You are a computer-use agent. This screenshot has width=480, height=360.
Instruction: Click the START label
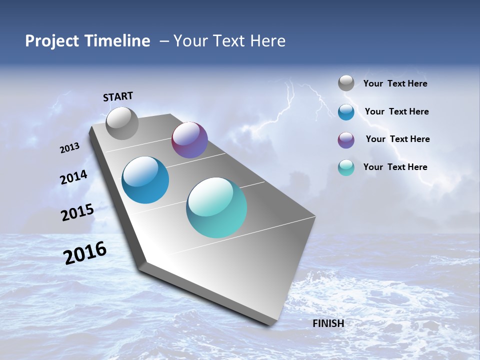[x=118, y=96]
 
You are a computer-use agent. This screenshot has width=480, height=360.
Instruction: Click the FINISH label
[x=328, y=323]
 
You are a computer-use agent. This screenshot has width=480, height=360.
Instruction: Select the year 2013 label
[x=69, y=148]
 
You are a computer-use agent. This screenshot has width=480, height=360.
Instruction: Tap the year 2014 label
[x=74, y=177]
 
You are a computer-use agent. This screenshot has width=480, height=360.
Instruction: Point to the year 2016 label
[x=85, y=253]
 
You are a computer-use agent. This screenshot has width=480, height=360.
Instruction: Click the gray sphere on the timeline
[x=122, y=123]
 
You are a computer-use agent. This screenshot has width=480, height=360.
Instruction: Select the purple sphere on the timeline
[x=189, y=140]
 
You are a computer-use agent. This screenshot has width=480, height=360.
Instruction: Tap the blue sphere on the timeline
[x=145, y=180]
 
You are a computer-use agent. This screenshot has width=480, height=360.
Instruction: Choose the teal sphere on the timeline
[x=216, y=207]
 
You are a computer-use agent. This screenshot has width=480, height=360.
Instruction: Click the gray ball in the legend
[x=346, y=83]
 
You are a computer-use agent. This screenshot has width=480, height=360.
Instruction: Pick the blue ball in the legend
[x=346, y=112]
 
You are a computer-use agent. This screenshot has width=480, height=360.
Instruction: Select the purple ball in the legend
[x=346, y=140]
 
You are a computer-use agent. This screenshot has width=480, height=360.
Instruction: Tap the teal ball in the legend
[x=346, y=168]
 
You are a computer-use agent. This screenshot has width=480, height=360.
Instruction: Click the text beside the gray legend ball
[x=395, y=84]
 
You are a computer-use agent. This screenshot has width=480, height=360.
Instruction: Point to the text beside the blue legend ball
[x=397, y=111]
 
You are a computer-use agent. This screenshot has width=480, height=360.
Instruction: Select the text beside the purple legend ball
[x=398, y=139]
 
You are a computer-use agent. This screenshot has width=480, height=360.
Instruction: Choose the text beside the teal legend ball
[x=395, y=167]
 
